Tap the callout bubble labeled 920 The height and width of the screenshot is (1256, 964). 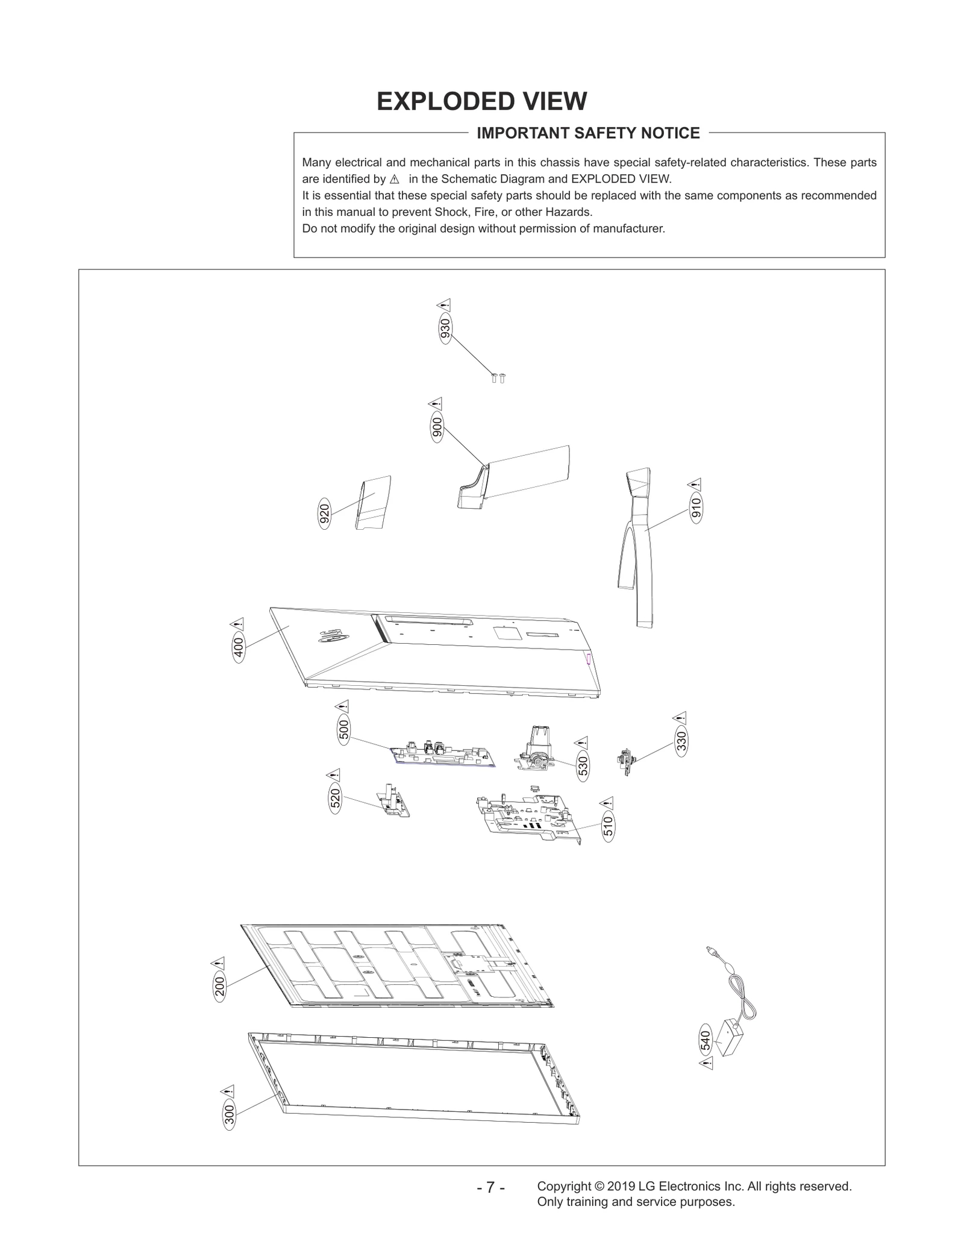click(324, 513)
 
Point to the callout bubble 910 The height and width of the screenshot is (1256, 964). click(696, 509)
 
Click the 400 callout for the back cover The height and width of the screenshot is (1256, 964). click(239, 647)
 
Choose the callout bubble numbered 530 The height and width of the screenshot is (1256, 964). click(583, 766)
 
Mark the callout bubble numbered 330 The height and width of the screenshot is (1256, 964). click(681, 741)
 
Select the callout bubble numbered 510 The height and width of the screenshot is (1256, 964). click(608, 826)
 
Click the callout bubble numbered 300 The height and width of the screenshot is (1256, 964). click(229, 1114)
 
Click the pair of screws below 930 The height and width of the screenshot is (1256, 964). click(498, 378)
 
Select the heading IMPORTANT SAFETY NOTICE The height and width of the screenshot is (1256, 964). click(588, 133)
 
